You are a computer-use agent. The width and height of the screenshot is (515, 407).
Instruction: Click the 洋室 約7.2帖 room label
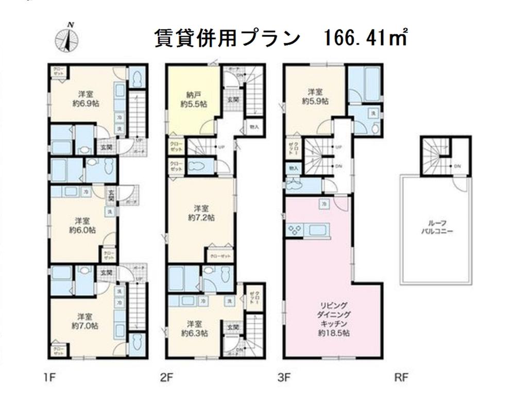coord(201,213)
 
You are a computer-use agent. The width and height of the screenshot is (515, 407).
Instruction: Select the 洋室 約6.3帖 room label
coord(194,328)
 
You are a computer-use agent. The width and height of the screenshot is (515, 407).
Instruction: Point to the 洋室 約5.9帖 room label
coord(315,96)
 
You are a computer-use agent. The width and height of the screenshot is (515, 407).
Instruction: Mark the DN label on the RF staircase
coord(457,166)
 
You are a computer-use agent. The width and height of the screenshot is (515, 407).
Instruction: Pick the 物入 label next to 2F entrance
coord(254,126)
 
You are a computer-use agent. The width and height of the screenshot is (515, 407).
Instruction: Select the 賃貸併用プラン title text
coord(227,38)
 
